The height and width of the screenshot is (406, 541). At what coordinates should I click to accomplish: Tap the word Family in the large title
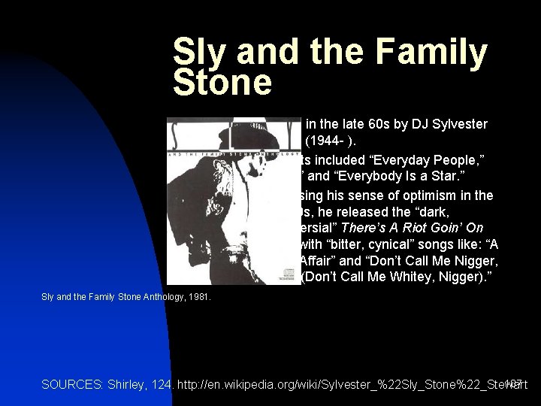pyautogui.click(x=424, y=51)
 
